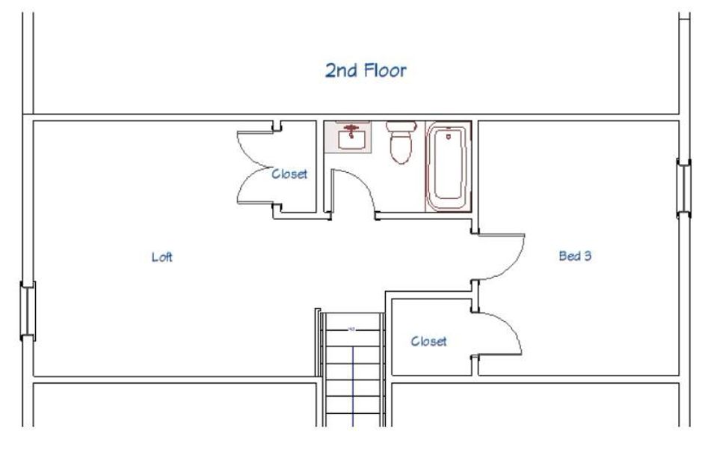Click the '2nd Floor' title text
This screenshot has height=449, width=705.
coord(366,70)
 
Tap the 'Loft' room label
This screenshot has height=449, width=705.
coord(162,257)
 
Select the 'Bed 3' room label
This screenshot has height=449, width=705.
coord(575,256)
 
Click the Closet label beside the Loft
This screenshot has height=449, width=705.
coord(289,174)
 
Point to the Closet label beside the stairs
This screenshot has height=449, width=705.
coord(429,341)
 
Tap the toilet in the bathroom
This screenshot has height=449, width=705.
coord(400,144)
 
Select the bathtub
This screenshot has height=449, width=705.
coord(447,167)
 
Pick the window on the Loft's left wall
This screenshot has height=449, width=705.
coord(27,311)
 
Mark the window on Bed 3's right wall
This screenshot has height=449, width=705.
coord(683,188)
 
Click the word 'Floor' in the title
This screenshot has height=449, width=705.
coord(387,70)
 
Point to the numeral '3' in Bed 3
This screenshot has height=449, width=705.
coord(588,256)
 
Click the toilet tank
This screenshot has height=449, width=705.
coord(400,126)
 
